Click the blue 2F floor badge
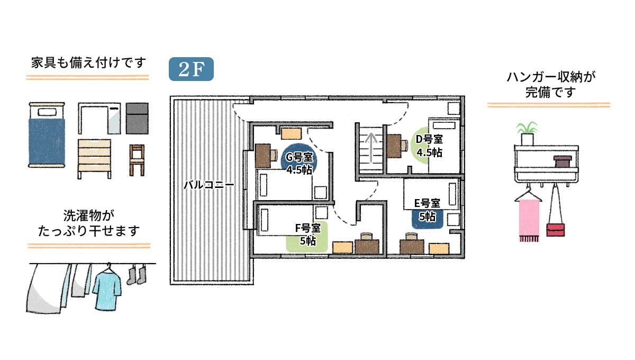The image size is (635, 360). pyautogui.click(x=191, y=69)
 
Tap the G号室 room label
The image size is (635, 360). pyautogui.click(x=299, y=157)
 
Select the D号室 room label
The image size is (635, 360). pyautogui.click(x=429, y=139)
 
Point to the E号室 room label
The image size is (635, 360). pyautogui.click(x=427, y=203)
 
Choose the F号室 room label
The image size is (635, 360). pyautogui.click(x=308, y=228)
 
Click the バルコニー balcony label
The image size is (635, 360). pyautogui.click(x=208, y=185)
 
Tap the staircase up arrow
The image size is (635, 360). pyautogui.click(x=371, y=148)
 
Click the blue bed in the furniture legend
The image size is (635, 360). pyautogui.click(x=47, y=135)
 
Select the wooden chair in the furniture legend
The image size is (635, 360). pyautogui.click(x=137, y=160)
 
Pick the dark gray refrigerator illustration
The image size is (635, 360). pyautogui.click(x=137, y=118)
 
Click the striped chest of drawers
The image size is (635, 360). pyautogui.click(x=94, y=159)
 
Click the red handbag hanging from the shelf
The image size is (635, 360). pyautogui.click(x=556, y=230)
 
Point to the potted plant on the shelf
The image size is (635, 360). pyautogui.click(x=527, y=133)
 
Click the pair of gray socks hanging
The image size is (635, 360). pyautogui.click(x=137, y=275)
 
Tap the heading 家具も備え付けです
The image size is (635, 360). pyautogui.click(x=88, y=62)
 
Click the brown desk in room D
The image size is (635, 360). pyautogui.click(x=394, y=146)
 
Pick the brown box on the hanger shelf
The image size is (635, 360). pyautogui.click(x=563, y=161)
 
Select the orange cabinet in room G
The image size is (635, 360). pyautogui.click(x=291, y=133)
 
